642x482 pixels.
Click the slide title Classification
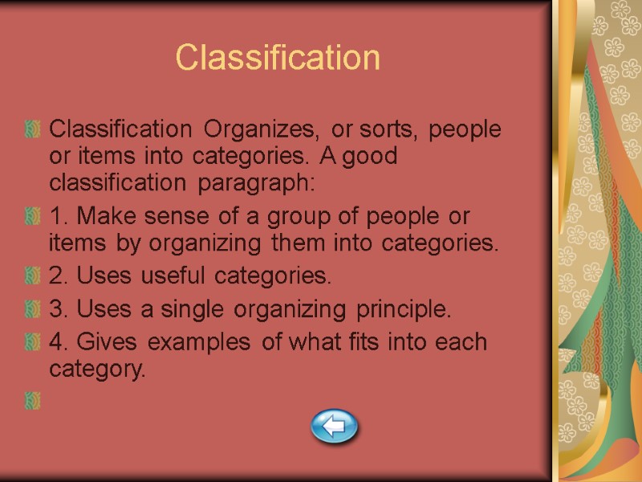pos(278,58)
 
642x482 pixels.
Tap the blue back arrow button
pos(334,425)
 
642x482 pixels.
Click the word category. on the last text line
pos(98,370)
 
